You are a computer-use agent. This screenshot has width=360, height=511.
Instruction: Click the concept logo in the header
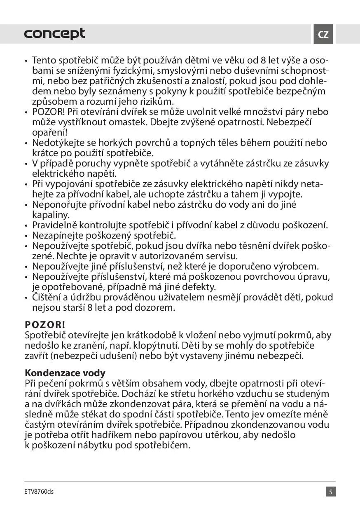click(55, 34)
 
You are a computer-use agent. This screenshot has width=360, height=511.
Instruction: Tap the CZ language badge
click(323, 34)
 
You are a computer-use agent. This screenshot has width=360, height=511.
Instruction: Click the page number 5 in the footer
click(331, 492)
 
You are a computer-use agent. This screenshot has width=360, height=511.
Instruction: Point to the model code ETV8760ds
click(39, 492)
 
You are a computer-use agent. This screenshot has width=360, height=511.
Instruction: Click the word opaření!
click(49, 132)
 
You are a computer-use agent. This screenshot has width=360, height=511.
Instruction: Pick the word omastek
click(128, 122)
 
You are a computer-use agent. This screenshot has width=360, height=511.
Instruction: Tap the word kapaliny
click(51, 215)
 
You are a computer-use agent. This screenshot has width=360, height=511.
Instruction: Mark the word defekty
click(199, 287)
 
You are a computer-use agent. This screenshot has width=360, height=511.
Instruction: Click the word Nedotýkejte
click(59, 143)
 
